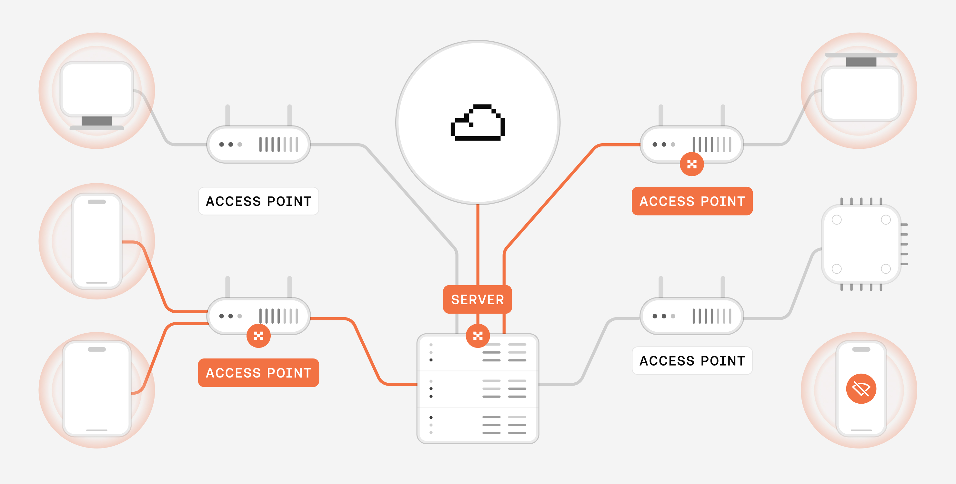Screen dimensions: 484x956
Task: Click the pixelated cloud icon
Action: click(478, 123)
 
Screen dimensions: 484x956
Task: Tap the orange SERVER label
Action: click(477, 299)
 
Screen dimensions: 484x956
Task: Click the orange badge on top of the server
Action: click(478, 336)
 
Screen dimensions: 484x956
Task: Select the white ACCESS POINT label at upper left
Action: click(258, 201)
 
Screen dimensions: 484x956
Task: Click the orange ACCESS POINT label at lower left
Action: click(258, 373)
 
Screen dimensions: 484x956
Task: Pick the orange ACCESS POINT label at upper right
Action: click(692, 201)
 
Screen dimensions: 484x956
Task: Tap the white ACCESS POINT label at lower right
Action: click(692, 360)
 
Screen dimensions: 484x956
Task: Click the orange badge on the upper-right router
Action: click(691, 164)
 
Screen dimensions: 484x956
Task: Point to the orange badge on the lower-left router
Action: click(258, 336)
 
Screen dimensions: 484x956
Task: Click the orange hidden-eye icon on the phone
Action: click(861, 388)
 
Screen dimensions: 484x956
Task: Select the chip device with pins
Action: click(861, 244)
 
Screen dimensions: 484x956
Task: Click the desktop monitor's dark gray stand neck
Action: click(96, 121)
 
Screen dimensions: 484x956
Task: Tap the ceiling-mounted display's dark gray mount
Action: click(861, 62)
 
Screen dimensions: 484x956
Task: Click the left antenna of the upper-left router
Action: click(227, 115)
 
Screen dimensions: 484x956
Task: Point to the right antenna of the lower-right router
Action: click(723, 287)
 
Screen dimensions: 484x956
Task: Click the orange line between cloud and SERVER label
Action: click(478, 245)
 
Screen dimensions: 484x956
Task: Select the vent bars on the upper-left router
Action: click(278, 144)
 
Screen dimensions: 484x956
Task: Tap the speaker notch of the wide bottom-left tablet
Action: click(96, 349)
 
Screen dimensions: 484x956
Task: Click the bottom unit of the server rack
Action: click(478, 425)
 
